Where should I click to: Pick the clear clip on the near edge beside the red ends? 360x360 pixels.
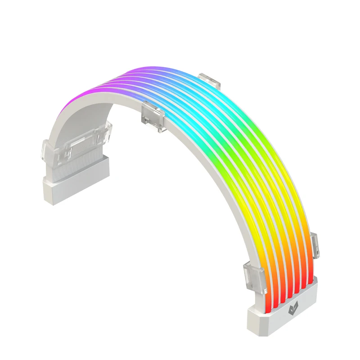[x=254, y=275]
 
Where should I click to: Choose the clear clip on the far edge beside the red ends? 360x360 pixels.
[x=315, y=245]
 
